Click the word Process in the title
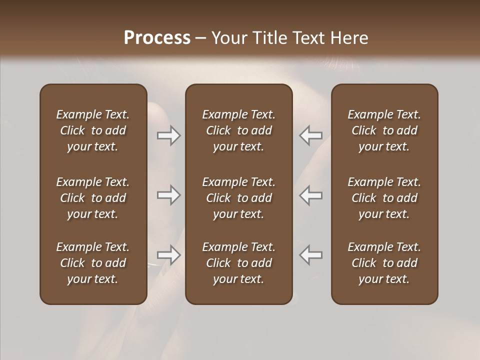click(157, 38)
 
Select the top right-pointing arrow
click(169, 135)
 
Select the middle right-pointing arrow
click(169, 195)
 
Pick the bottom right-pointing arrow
click(169, 254)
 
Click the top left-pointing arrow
click(310, 135)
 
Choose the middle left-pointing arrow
click(310, 195)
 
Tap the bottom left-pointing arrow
click(310, 254)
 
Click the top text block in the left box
click(93, 130)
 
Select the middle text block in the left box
click(93, 198)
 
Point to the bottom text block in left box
click(93, 263)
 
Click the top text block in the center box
click(238, 130)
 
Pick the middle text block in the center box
click(238, 198)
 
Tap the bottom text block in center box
click(238, 263)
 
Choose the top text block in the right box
click(384, 130)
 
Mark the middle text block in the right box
click(384, 198)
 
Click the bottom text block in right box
click(384, 263)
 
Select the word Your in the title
click(228, 38)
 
